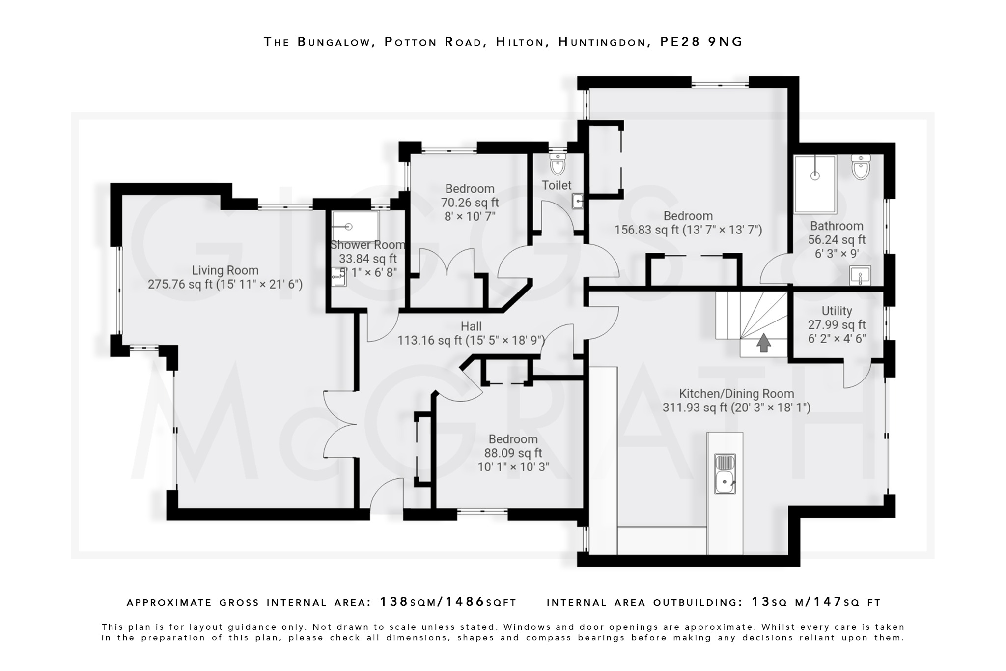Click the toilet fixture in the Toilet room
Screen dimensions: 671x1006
558,165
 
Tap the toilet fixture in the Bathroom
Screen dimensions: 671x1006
861,168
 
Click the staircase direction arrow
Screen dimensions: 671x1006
763,343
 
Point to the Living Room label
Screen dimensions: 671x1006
225,270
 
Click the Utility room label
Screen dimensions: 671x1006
837,311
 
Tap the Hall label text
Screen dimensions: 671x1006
471,326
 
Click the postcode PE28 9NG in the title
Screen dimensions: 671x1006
701,42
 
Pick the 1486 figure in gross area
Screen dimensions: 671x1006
465,602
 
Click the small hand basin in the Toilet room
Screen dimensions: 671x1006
578,201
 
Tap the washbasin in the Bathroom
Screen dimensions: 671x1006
860,276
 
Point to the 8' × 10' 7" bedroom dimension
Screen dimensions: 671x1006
470,216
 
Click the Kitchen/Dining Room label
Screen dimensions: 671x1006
736,394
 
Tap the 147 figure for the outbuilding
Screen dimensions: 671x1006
828,602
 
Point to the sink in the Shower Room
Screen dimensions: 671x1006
339,277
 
